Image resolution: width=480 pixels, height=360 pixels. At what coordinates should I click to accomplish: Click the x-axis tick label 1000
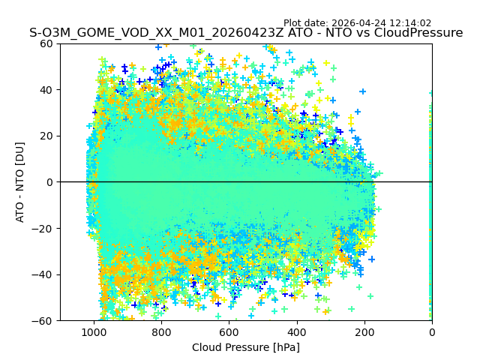[94, 332]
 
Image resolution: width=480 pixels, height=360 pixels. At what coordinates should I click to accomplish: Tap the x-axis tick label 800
[161, 332]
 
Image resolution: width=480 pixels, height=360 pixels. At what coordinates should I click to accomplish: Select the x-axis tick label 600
[229, 332]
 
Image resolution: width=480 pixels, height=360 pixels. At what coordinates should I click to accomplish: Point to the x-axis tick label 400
[297, 332]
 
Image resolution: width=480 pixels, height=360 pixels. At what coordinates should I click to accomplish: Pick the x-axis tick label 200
[364, 332]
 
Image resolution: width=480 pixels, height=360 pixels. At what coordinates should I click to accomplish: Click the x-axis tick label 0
[432, 332]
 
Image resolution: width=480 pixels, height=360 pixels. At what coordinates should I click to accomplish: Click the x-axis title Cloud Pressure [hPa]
[246, 347]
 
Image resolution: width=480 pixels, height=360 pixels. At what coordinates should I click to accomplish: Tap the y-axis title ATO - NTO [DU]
[20, 182]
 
